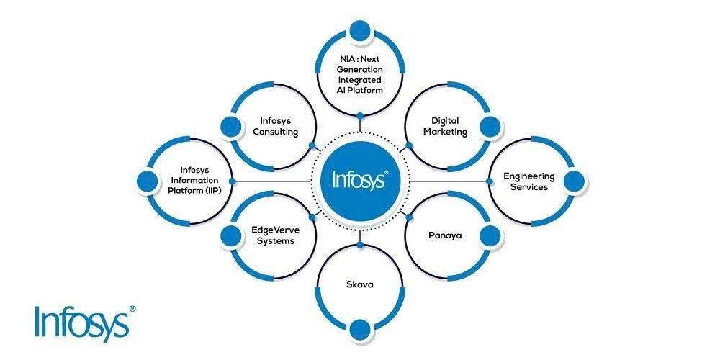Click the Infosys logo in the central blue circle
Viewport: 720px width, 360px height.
point(360,179)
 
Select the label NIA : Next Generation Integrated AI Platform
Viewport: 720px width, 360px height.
point(360,75)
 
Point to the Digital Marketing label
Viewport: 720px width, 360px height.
point(445,126)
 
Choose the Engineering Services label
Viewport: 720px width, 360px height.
point(529,181)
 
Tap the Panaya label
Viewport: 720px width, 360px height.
point(445,235)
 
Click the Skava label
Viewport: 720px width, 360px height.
point(359,284)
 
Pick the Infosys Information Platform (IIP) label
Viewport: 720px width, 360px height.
point(193,181)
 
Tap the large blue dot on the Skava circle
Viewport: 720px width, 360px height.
point(360,329)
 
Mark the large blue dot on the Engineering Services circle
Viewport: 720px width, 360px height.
point(574,181)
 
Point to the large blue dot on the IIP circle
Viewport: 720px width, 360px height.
point(148,181)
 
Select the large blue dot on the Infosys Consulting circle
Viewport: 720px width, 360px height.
point(231,127)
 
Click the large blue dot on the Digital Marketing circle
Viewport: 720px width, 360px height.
point(490,127)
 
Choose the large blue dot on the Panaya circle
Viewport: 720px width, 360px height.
point(490,235)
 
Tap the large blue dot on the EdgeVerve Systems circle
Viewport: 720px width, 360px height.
point(231,235)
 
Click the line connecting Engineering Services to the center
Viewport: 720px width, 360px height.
point(449,181)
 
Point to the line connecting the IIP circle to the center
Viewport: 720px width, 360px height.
point(271,181)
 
